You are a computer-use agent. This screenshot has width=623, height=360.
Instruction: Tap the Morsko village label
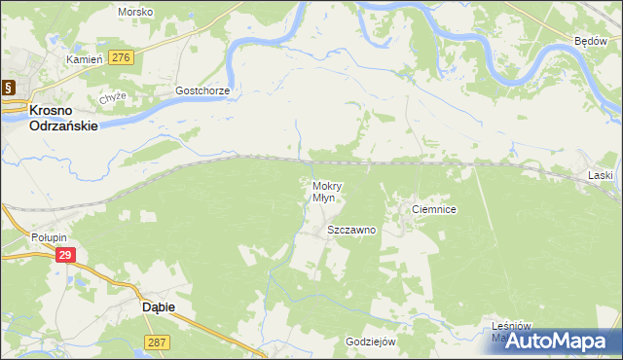click(134, 12)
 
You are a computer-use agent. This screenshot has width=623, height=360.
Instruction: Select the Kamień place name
click(85, 59)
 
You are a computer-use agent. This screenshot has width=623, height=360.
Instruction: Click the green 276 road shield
click(121, 58)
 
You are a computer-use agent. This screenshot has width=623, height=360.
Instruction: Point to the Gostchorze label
click(202, 90)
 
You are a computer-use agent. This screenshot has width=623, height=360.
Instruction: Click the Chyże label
click(113, 98)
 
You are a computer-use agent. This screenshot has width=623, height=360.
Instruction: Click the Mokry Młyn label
click(324, 191)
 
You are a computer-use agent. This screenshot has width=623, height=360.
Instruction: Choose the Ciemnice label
click(434, 209)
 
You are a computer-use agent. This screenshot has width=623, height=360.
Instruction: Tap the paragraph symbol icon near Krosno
click(8, 87)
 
